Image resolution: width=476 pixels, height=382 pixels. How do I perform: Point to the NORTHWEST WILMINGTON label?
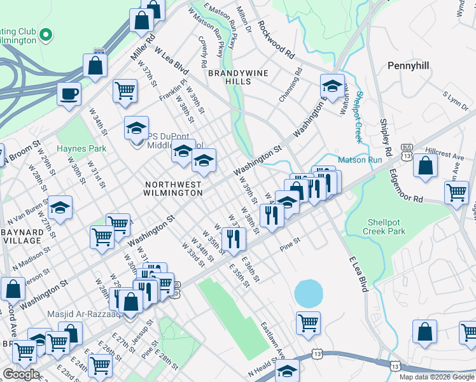click(173, 189)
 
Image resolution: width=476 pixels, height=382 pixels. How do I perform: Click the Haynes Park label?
click(81, 148)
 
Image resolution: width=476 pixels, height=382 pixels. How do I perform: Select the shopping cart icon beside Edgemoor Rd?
click(456, 191)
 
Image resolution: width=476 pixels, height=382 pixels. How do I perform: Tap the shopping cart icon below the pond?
click(308, 322)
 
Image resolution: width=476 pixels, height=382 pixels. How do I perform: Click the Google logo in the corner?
click(21, 374)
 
